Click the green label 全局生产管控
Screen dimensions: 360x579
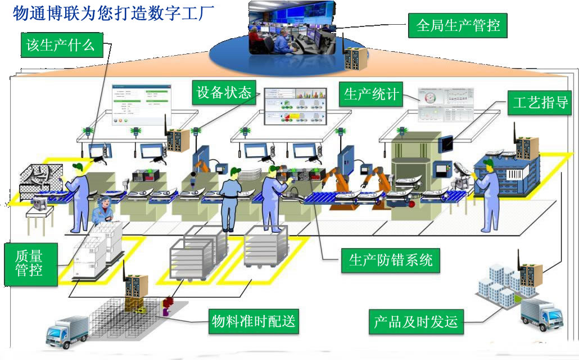458,25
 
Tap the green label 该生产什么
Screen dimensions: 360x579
61,44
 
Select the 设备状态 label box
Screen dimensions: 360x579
224,92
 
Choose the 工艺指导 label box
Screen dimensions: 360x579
540,102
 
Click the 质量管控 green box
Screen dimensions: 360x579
30,263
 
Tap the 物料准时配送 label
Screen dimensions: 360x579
252,322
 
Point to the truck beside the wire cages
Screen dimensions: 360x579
65,330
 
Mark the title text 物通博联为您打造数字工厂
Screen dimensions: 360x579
112,13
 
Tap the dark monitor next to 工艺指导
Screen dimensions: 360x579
447,143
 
